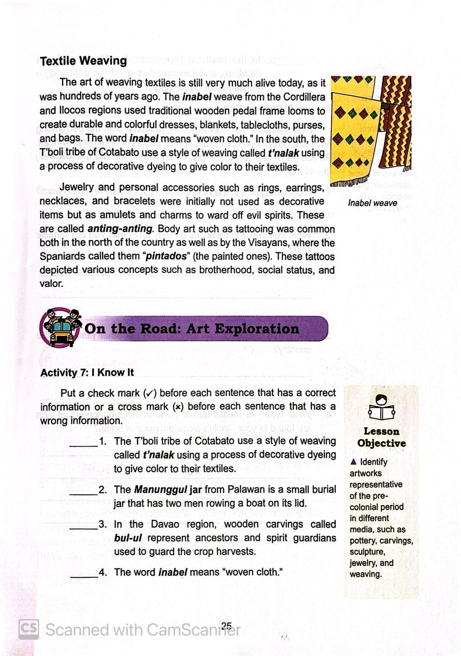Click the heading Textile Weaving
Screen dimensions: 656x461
click(84, 61)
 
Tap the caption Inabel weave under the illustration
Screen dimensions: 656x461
click(372, 203)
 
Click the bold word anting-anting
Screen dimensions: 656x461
click(120, 229)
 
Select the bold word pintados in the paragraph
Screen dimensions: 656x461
click(166, 256)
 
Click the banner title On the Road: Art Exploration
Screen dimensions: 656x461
click(192, 329)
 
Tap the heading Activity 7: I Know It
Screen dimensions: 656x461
click(87, 373)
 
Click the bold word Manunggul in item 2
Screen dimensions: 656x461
click(161, 490)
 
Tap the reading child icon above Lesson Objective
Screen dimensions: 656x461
click(382, 408)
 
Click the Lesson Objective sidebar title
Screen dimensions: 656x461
click(382, 438)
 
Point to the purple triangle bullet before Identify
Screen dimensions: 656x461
click(353, 462)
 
